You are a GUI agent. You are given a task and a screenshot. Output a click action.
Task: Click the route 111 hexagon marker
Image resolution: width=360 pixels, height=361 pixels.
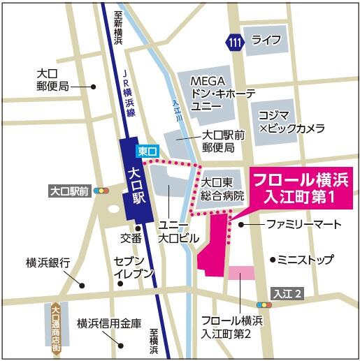click(x=235, y=43)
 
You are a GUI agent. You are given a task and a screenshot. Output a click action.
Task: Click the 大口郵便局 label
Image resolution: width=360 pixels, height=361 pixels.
click(x=53, y=80)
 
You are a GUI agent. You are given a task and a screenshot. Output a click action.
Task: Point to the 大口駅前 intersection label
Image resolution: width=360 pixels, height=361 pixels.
click(x=71, y=191)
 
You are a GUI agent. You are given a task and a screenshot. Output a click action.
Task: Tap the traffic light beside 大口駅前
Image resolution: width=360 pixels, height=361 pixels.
click(x=103, y=191)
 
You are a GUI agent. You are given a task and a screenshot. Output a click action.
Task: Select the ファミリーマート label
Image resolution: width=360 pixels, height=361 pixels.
click(x=303, y=225)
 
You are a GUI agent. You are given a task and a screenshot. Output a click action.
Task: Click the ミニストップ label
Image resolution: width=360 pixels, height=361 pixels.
click(x=305, y=260)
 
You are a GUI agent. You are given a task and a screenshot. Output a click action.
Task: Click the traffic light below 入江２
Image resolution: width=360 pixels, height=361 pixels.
click(x=264, y=305)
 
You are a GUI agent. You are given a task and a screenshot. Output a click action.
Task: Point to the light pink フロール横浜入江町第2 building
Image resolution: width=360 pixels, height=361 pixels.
click(x=238, y=273)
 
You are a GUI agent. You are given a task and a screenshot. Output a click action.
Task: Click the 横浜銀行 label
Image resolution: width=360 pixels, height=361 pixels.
click(x=48, y=263)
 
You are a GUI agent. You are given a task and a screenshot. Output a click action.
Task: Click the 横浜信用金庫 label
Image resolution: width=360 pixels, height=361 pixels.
click(x=109, y=323)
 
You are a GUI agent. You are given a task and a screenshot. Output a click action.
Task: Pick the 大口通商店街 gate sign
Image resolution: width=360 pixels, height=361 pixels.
click(x=55, y=329)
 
